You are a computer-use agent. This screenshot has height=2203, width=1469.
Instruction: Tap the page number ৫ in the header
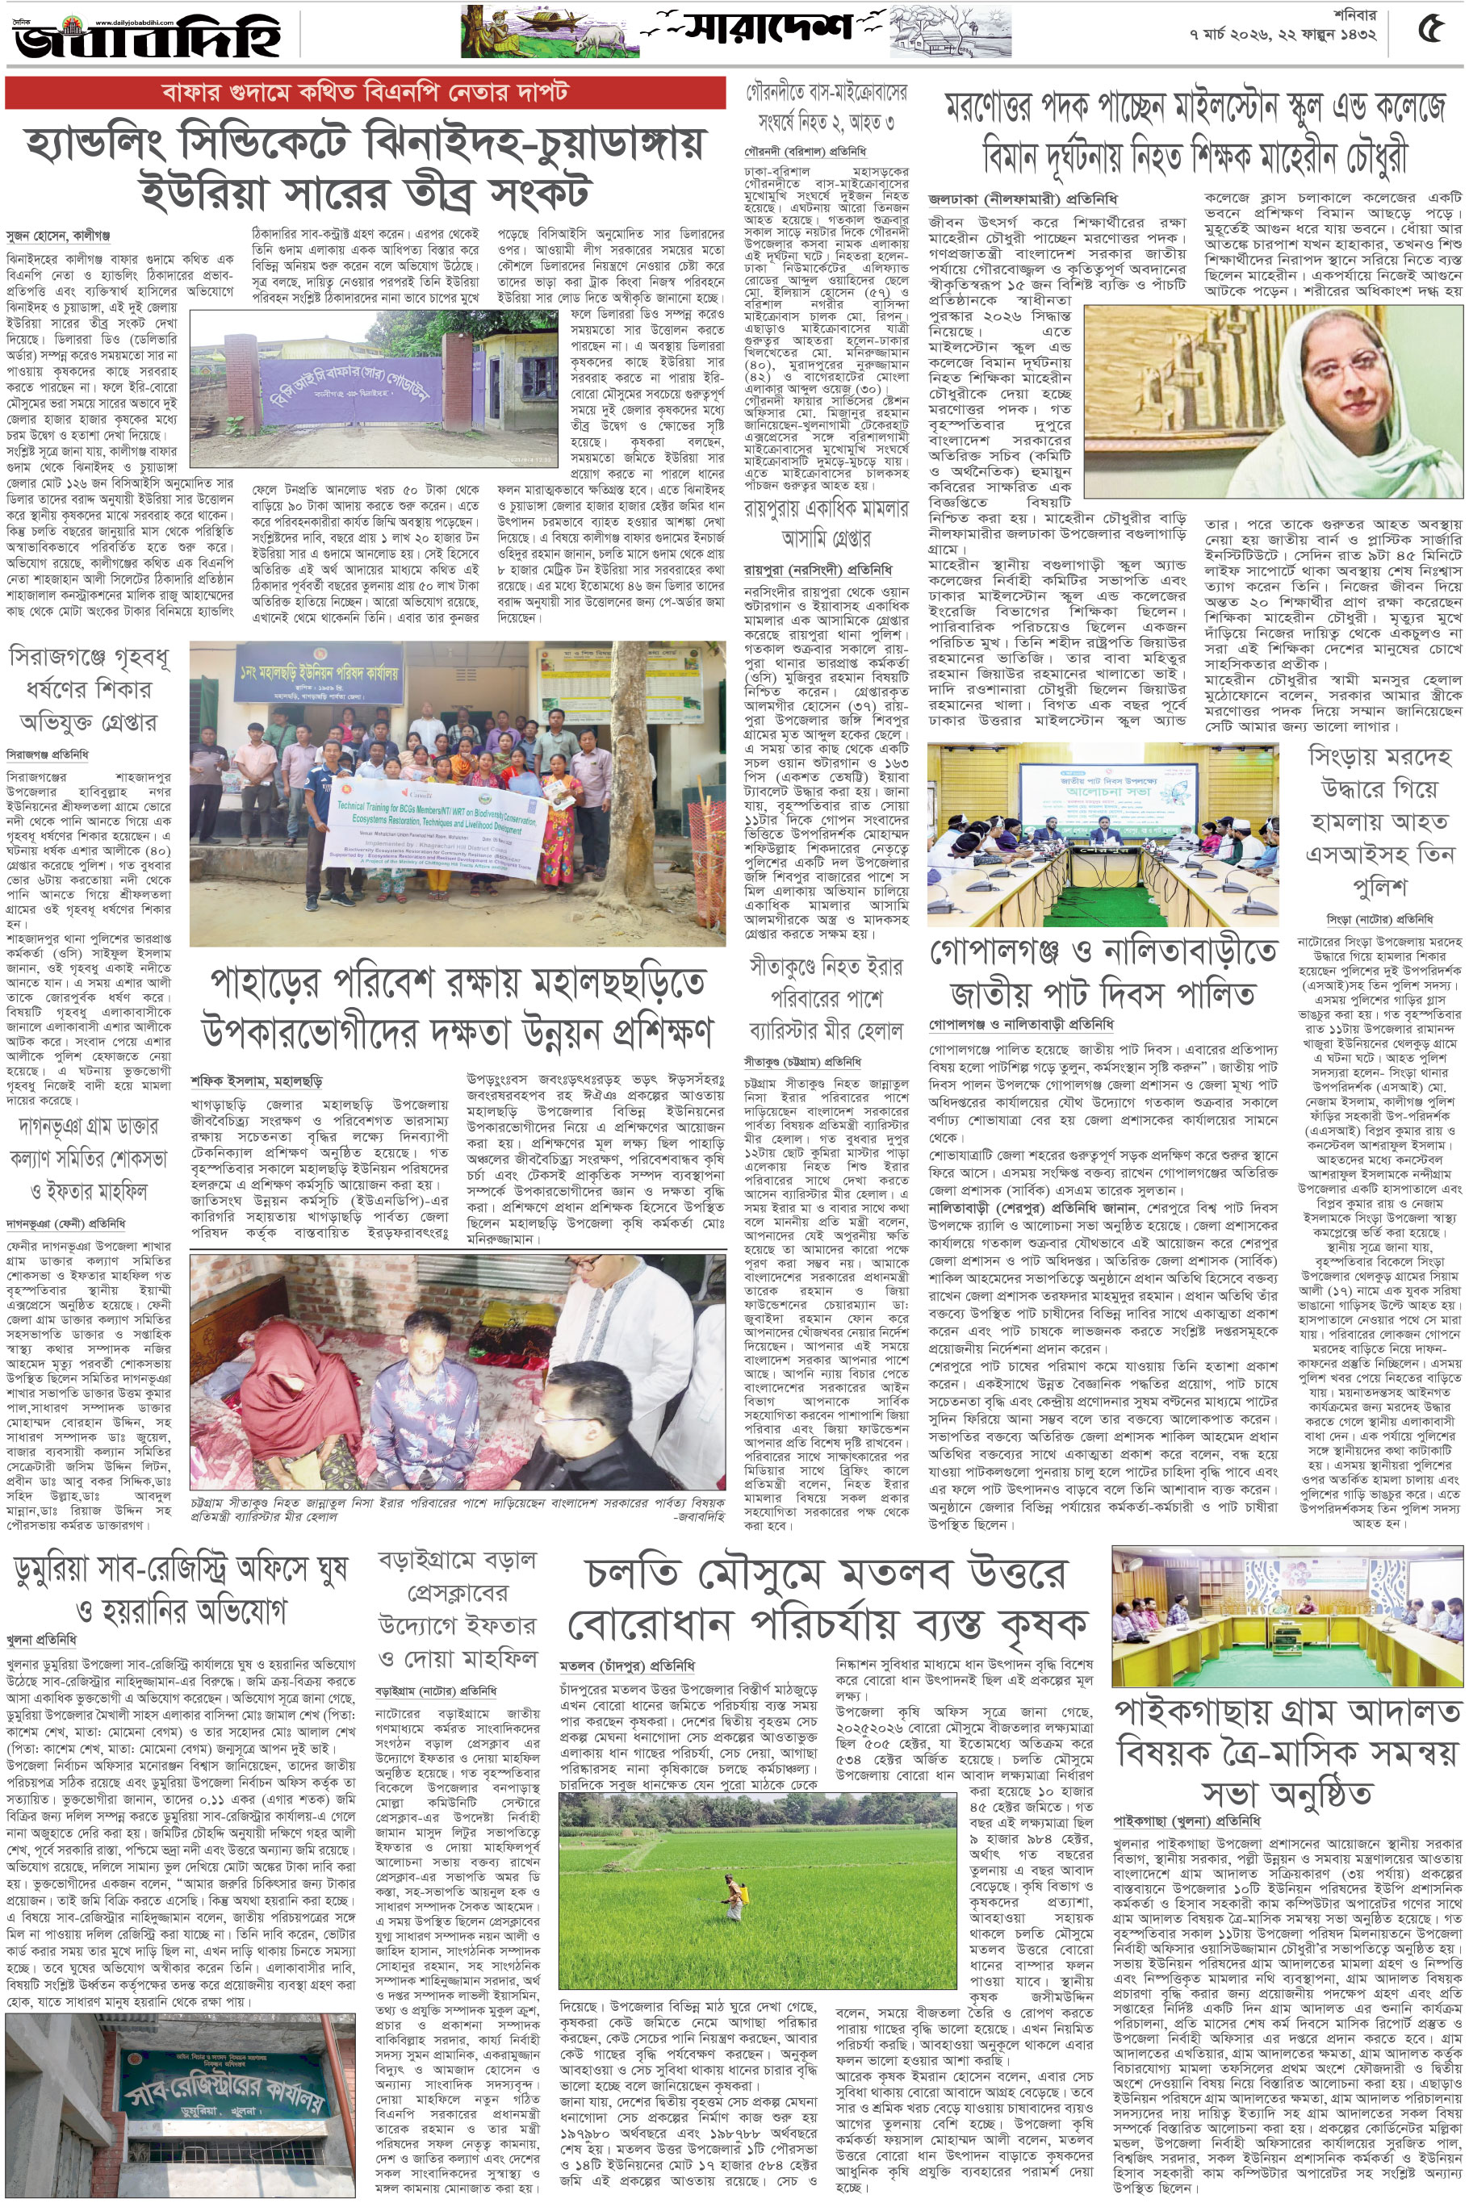pyautogui.click(x=1429, y=31)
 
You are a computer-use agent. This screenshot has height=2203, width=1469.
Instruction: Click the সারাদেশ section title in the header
pyautogui.click(x=768, y=28)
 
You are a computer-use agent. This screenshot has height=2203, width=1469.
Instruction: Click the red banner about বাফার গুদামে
pyautogui.click(x=365, y=92)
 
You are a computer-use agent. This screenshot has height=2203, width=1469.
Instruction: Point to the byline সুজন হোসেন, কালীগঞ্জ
pyautogui.click(x=58, y=236)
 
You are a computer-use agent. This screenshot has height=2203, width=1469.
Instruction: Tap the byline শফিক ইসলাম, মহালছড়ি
pyautogui.click(x=256, y=1080)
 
